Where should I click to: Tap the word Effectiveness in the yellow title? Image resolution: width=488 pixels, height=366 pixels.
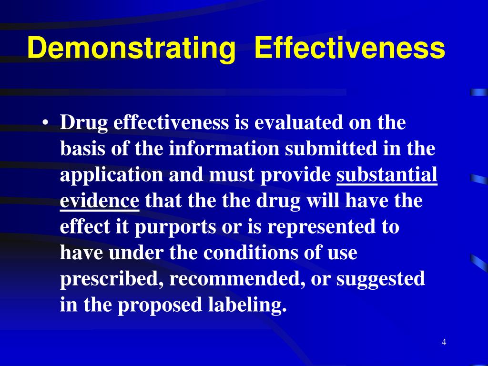point(350,48)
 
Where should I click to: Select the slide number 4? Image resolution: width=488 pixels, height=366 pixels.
point(444,342)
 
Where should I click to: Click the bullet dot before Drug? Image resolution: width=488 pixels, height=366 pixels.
point(45,123)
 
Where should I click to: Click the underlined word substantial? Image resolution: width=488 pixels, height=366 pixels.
point(386,175)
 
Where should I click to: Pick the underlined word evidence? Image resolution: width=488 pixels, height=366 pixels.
point(99,201)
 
